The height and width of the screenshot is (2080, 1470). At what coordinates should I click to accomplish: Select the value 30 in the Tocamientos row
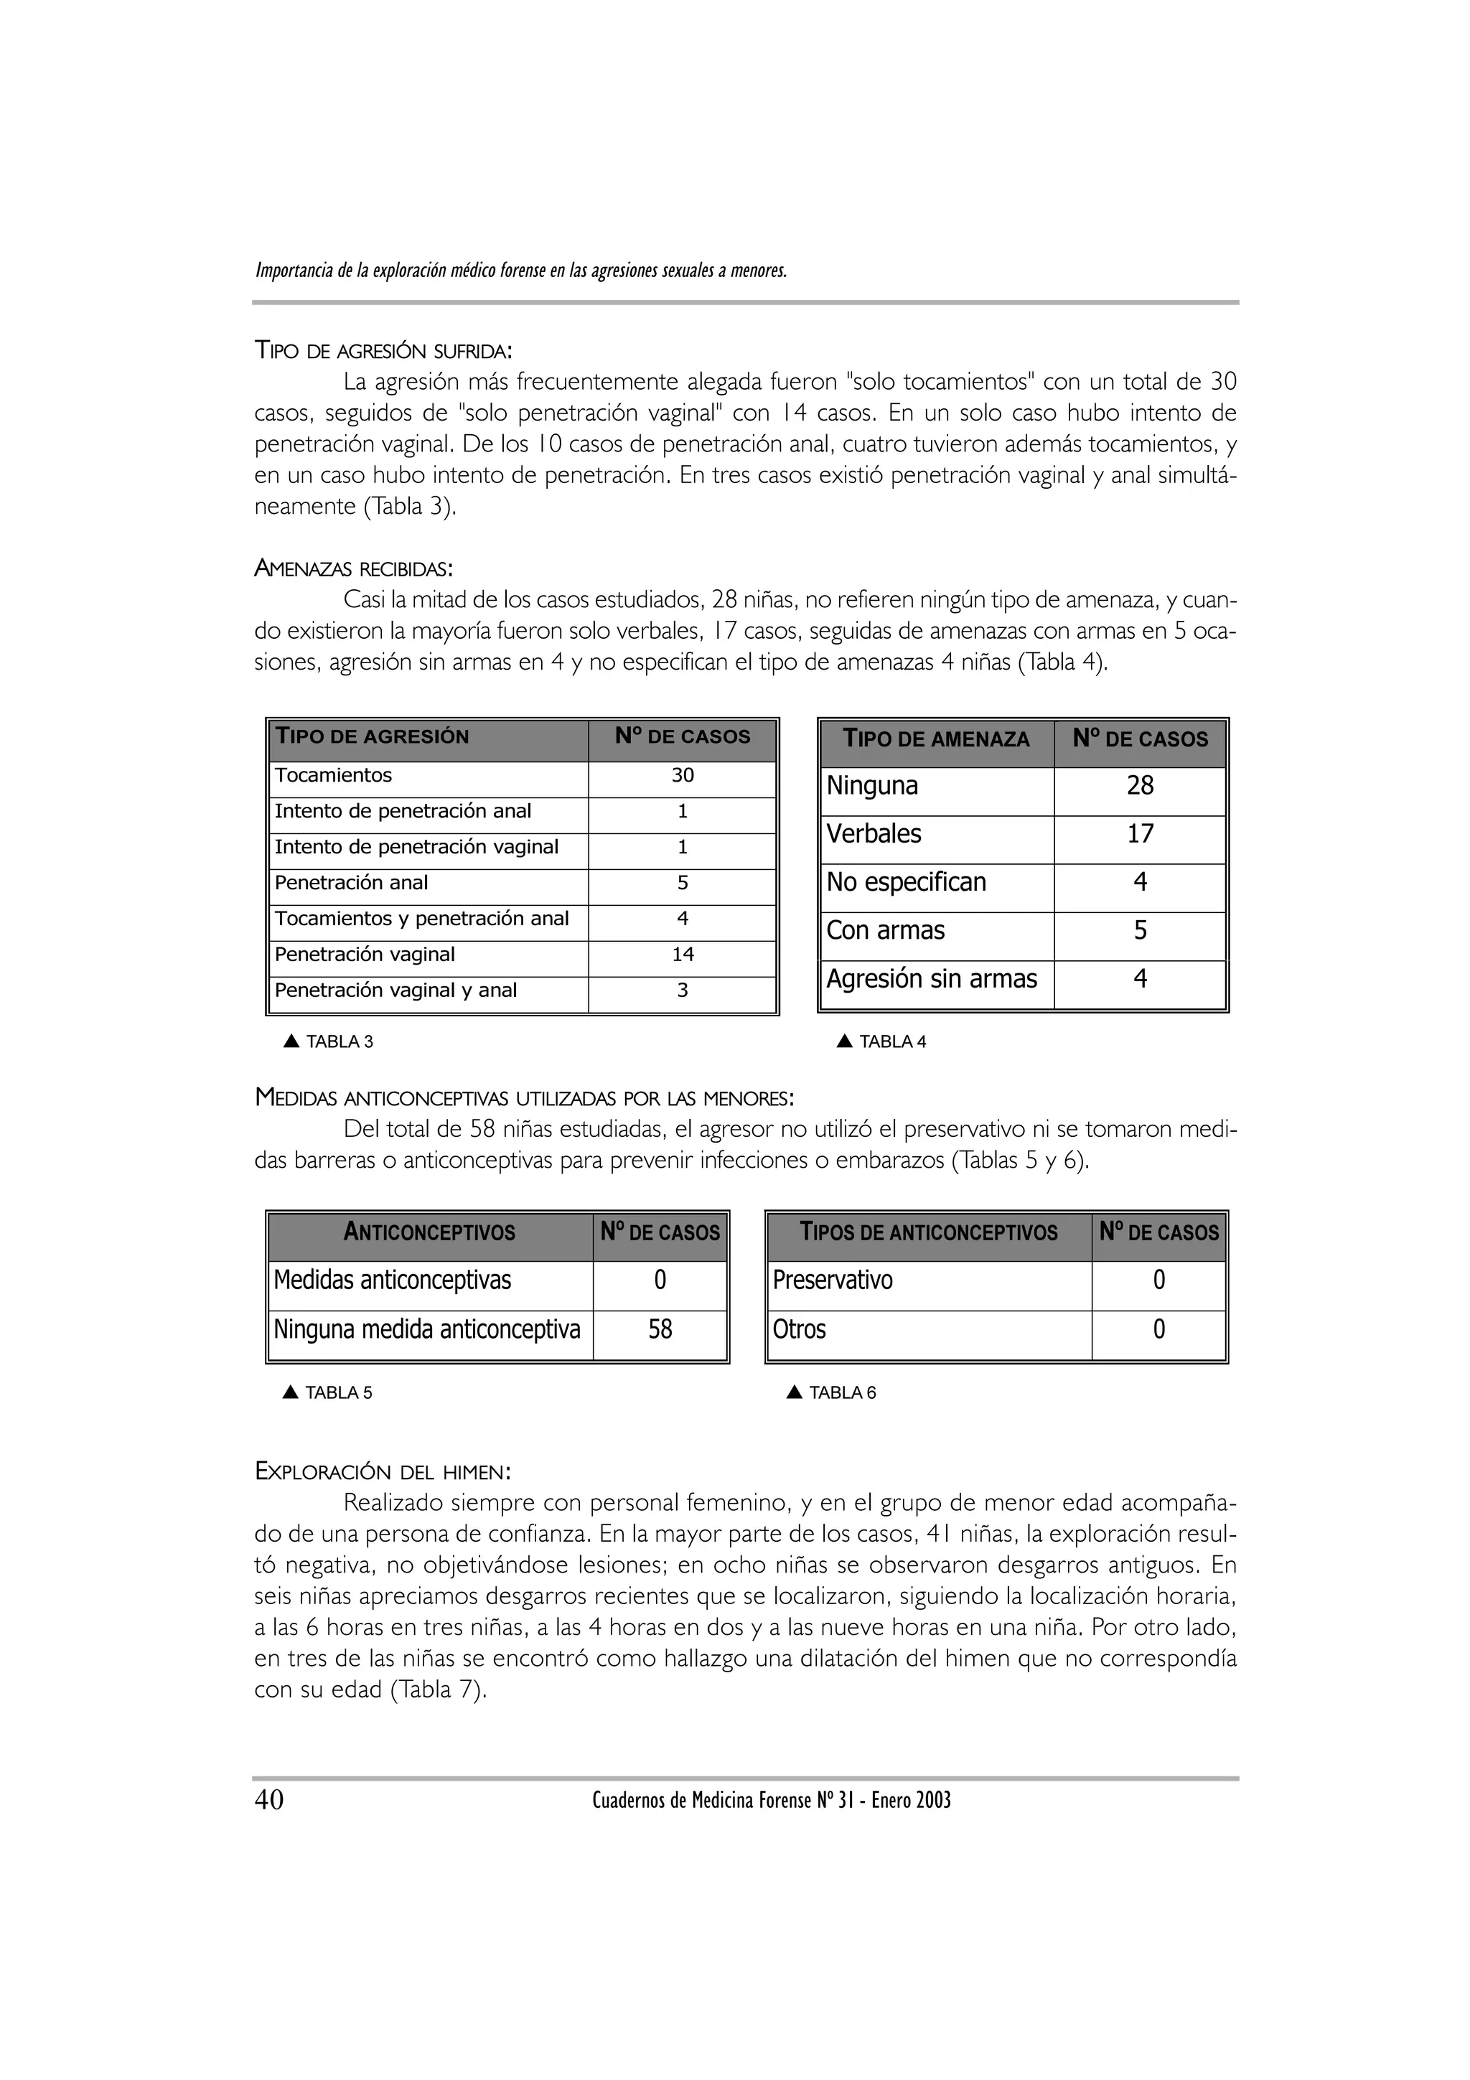(x=682, y=775)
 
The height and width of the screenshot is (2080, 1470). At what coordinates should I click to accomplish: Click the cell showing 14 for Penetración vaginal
(x=682, y=955)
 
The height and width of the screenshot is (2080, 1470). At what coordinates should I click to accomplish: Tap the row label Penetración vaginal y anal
(x=395, y=991)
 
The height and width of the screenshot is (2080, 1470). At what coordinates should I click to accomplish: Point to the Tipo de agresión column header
(x=373, y=736)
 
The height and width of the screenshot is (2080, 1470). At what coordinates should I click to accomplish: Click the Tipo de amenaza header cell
(x=936, y=739)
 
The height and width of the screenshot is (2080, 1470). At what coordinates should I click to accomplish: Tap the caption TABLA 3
(x=339, y=1042)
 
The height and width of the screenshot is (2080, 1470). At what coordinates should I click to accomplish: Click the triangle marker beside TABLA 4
(x=844, y=1042)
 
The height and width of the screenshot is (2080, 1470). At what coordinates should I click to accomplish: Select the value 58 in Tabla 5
(x=660, y=1330)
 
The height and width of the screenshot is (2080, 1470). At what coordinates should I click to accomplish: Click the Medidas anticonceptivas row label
(x=392, y=1281)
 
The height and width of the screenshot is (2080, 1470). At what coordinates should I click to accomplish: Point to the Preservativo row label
(x=833, y=1281)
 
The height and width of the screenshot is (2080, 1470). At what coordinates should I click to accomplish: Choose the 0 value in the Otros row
(x=1158, y=1330)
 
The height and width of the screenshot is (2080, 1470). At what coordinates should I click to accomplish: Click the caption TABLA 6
(x=841, y=1393)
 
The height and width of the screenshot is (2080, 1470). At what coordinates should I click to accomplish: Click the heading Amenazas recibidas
(x=353, y=570)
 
